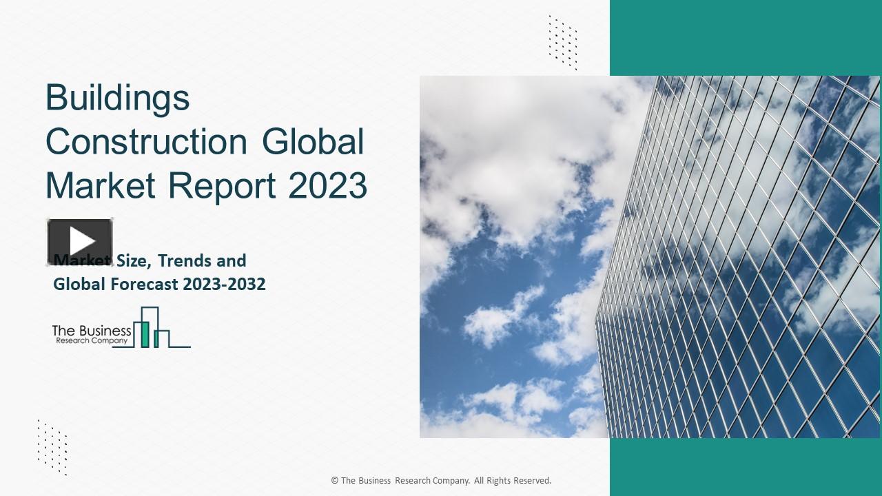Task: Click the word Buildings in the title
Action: (x=117, y=99)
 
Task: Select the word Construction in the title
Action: (x=146, y=142)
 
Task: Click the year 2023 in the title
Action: (x=327, y=185)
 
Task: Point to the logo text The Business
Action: (x=92, y=331)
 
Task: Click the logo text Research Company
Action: (x=92, y=340)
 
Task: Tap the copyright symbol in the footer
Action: (x=335, y=481)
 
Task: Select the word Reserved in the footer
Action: (x=530, y=481)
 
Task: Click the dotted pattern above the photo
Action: (x=562, y=42)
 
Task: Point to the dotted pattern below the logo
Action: (x=52, y=446)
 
